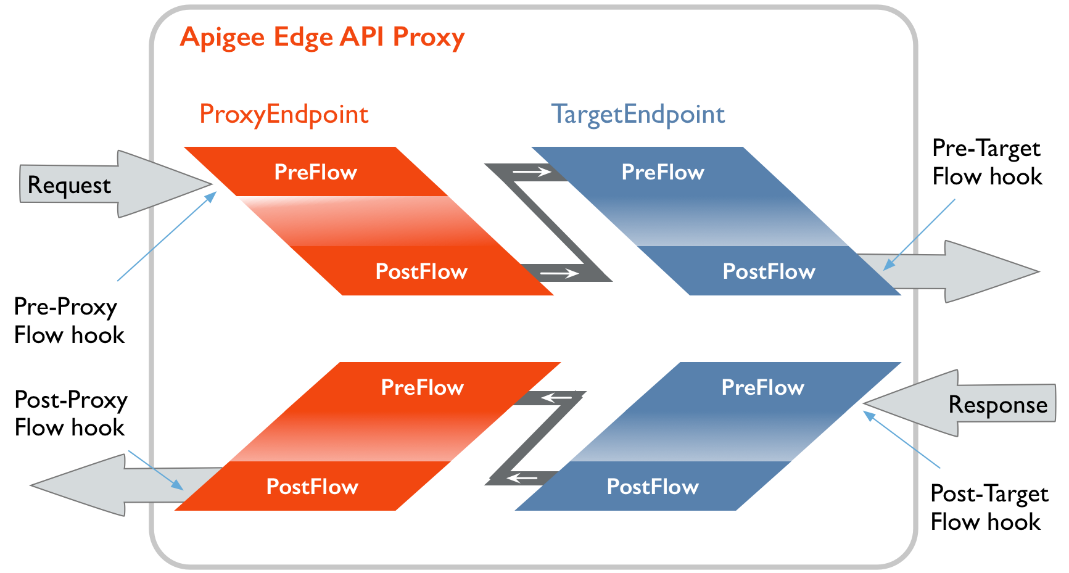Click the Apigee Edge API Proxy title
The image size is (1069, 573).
pyautogui.click(x=322, y=38)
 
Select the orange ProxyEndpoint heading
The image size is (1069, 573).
pyautogui.click(x=284, y=115)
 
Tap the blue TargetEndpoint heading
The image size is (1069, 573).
pyautogui.click(x=638, y=115)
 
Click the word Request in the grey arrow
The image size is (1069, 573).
pyautogui.click(x=69, y=186)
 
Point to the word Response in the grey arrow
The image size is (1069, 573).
pyautogui.click(x=997, y=405)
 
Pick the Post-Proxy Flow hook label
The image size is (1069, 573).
pyautogui.click(x=70, y=414)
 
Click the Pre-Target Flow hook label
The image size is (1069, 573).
pyautogui.click(x=987, y=163)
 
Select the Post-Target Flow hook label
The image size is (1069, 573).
pyautogui.click(x=989, y=508)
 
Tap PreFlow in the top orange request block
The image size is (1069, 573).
pyautogui.click(x=315, y=172)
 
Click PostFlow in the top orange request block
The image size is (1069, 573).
pyautogui.click(x=421, y=271)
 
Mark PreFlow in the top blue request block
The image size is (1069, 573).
pyautogui.click(x=662, y=172)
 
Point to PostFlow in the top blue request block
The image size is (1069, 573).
pyautogui.click(x=769, y=271)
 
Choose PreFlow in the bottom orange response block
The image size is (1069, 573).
pyautogui.click(x=422, y=387)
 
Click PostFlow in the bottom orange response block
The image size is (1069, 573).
pyautogui.click(x=312, y=487)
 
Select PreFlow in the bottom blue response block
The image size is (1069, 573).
pyautogui.click(x=762, y=387)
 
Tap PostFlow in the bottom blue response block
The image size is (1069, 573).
pyautogui.click(x=653, y=487)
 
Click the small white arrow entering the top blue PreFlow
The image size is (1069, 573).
pyautogui.click(x=532, y=172)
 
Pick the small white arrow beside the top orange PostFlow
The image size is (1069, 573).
pyautogui.click(x=559, y=273)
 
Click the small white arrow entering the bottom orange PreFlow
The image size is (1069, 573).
pyautogui.click(x=556, y=398)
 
